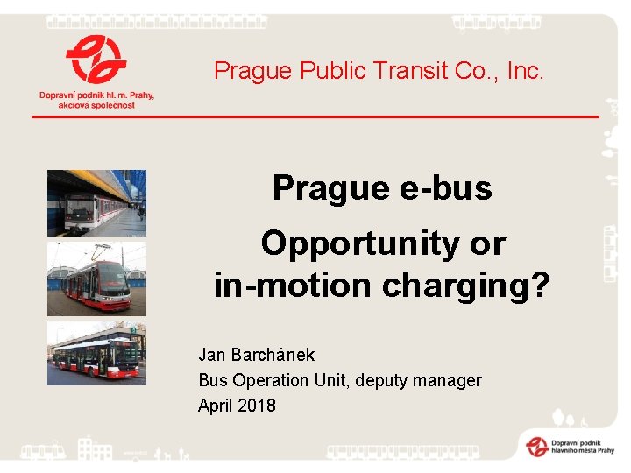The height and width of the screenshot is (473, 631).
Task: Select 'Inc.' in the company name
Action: (525, 71)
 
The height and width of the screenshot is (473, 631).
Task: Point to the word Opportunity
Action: (360, 244)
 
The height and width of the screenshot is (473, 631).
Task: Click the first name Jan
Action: (212, 355)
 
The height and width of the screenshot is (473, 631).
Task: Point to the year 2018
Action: (256, 406)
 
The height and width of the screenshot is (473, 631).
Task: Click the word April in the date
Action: (214, 406)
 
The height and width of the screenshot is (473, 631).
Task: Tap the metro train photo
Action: (96, 203)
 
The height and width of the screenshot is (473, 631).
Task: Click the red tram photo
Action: (96, 279)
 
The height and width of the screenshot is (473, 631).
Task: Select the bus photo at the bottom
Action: (96, 354)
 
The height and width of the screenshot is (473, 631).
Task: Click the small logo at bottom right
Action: (536, 445)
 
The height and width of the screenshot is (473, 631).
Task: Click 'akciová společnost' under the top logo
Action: (96, 105)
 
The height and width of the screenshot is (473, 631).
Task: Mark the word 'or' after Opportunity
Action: (487, 244)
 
